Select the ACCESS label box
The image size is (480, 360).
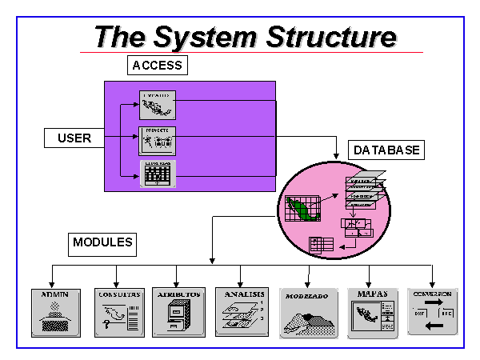(158, 66)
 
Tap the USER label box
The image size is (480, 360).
(74, 138)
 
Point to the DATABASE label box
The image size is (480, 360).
(387, 150)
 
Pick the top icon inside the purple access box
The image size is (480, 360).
(157, 105)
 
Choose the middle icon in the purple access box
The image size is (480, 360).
(157, 139)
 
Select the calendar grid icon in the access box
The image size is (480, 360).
(158, 173)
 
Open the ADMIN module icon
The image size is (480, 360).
(55, 311)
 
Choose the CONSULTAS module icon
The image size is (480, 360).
(118, 311)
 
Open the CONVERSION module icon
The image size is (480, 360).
(432, 311)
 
